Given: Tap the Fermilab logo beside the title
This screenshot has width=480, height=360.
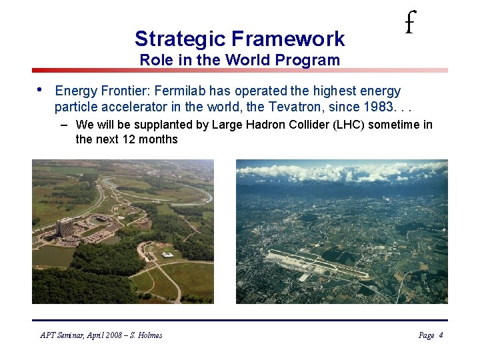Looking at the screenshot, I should (x=409, y=25).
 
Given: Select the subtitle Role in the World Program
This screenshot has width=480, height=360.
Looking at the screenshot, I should (x=239, y=60).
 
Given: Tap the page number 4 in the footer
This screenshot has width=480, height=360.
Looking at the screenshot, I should (x=441, y=335).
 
